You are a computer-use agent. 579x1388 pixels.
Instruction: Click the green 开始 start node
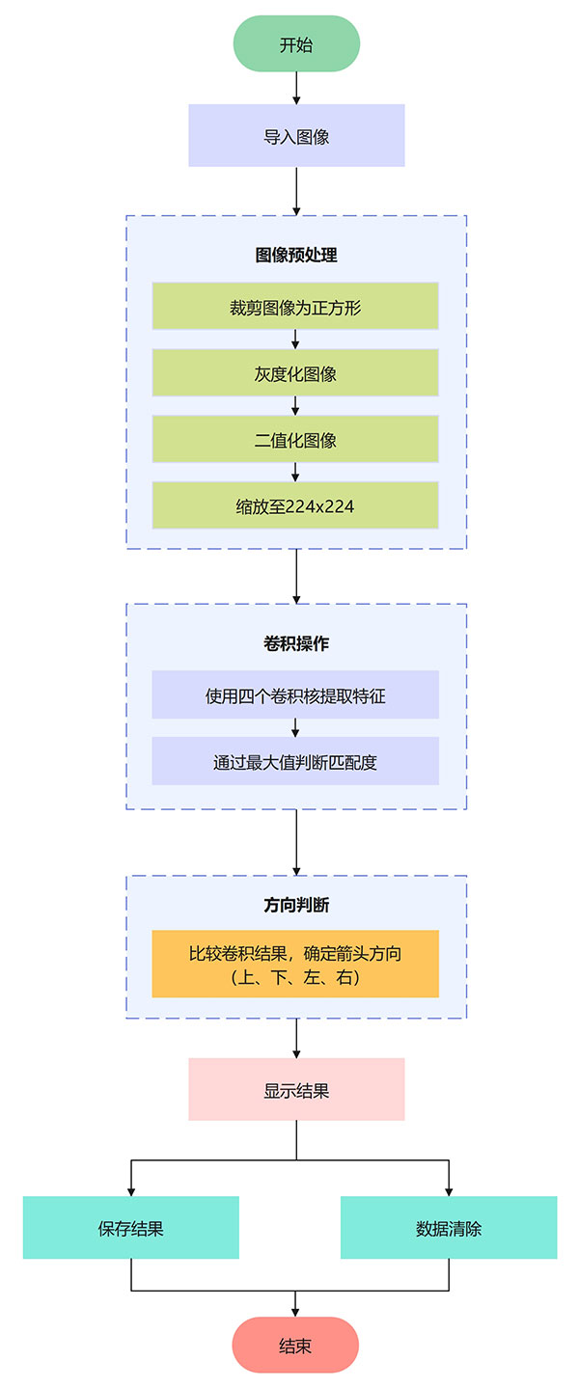point(296,44)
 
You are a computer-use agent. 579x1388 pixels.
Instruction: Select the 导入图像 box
point(296,136)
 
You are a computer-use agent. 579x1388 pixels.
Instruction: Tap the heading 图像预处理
point(296,256)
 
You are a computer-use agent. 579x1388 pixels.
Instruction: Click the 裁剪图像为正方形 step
point(295,307)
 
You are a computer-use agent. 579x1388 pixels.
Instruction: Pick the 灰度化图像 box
point(295,373)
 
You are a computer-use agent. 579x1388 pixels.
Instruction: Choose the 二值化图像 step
point(295,440)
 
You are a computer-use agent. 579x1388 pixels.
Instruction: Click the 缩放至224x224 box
point(295,505)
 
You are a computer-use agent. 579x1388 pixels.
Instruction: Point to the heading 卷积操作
point(296,643)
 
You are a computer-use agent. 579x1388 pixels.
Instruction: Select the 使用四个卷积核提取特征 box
point(295,695)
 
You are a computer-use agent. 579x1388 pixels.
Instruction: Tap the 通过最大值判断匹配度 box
point(295,761)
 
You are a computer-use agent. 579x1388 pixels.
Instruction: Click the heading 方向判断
point(296,906)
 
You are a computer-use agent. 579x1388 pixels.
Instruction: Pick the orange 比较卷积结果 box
point(295,964)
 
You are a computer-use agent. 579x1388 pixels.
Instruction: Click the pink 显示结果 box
point(296,1090)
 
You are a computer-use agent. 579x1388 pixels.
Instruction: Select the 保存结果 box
point(131,1228)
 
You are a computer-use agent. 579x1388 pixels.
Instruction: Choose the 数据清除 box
point(449,1228)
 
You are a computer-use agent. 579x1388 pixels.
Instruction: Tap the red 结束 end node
point(295,1345)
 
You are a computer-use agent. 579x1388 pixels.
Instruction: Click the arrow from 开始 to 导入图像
point(296,88)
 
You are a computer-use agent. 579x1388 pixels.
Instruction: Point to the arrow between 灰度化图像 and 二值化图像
point(295,406)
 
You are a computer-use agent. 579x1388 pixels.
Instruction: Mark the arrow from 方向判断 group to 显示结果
point(296,1038)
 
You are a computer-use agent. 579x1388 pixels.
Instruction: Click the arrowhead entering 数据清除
point(449,1191)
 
